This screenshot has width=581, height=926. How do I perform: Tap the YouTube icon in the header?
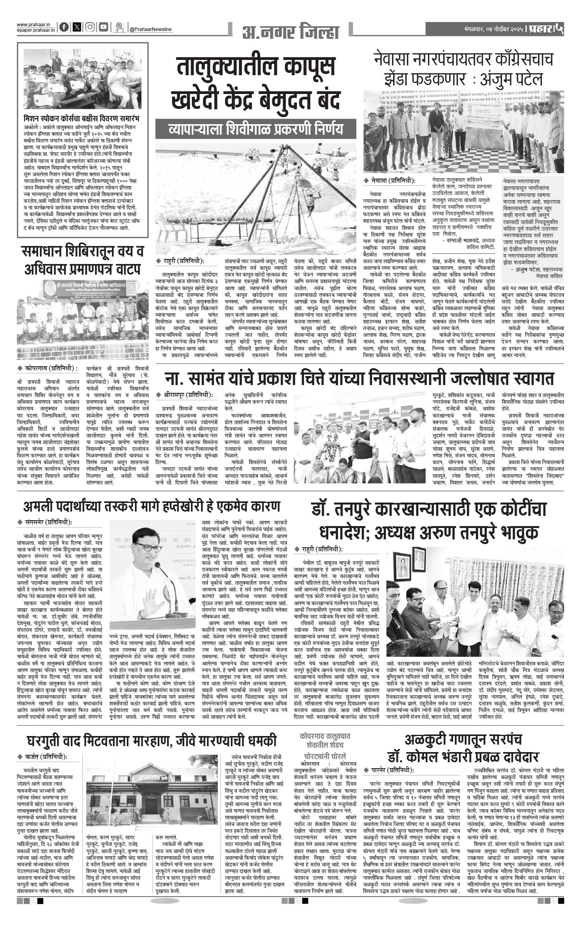pos(103,27)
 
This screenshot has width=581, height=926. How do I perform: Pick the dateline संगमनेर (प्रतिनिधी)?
pos(48,522)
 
